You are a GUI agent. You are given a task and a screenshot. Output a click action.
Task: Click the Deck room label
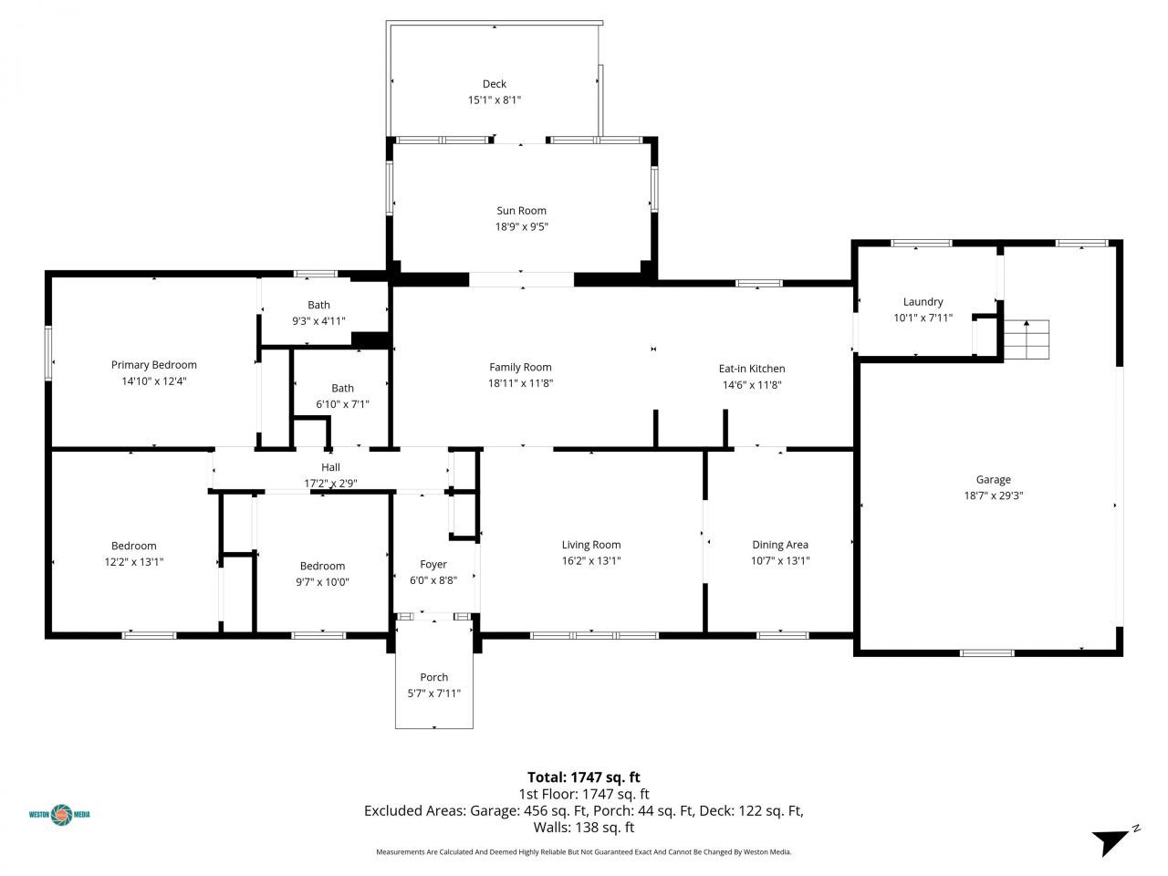(494, 84)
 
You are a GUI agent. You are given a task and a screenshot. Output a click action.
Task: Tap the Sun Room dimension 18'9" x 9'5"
(521, 227)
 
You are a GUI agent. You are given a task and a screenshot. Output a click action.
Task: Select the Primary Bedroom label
(154, 365)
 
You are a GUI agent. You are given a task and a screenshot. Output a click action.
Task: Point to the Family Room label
(520, 368)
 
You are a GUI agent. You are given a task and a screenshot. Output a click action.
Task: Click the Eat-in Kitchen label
(752, 369)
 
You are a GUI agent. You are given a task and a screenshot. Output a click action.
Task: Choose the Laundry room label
(923, 302)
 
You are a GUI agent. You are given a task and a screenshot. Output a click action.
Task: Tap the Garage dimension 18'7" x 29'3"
(993, 495)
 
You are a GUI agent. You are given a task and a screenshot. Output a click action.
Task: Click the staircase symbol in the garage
(1027, 339)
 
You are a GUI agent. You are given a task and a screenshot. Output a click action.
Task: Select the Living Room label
(591, 545)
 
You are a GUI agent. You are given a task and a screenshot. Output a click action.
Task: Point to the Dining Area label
(780, 545)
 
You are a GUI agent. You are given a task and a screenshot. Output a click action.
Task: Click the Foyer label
(433, 564)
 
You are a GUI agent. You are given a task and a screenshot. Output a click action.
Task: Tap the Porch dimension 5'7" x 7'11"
(433, 693)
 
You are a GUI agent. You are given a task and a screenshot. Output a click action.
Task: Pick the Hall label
(330, 467)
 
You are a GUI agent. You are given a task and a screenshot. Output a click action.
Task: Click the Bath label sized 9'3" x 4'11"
(318, 305)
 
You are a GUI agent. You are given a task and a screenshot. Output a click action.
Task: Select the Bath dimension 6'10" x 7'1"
(342, 403)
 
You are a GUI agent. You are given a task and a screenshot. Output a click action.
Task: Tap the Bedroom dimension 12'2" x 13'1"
(134, 562)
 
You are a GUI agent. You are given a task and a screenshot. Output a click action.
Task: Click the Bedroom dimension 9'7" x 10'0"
(322, 581)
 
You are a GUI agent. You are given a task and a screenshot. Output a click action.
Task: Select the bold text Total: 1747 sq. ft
(584, 777)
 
